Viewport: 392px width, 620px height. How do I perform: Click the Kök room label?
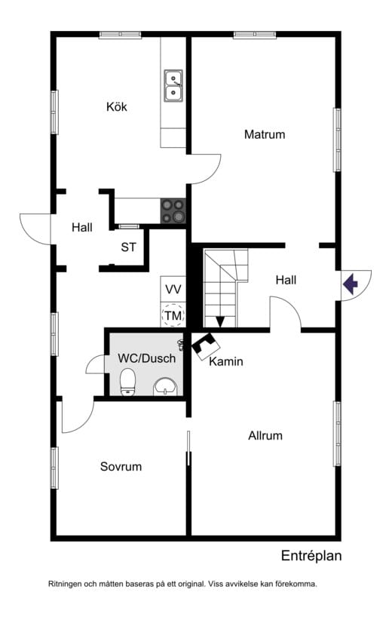117,107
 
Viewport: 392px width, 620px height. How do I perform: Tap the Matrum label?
265,134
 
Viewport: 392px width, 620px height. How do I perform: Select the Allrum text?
265,436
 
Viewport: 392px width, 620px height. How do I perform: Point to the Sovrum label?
121,467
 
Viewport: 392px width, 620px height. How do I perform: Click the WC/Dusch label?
146,358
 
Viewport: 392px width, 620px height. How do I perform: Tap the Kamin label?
225,361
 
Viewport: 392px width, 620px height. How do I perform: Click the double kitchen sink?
173,85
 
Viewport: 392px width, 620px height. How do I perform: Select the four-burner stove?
173,210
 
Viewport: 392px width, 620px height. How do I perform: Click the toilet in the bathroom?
127,382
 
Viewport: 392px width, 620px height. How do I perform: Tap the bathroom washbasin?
165,387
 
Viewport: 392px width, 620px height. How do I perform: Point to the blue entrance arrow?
351,284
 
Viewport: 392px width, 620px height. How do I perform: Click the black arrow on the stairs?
220,321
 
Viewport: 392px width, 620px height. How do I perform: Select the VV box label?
173,290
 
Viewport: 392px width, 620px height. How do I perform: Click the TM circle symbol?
173,315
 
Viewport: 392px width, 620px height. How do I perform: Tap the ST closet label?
128,247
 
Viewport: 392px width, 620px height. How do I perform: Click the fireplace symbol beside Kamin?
206,346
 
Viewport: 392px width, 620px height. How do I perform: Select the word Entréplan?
311,556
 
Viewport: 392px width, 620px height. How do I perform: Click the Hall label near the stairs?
286,281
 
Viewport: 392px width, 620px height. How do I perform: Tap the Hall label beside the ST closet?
82,227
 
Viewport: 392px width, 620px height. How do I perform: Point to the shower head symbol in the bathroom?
181,345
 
